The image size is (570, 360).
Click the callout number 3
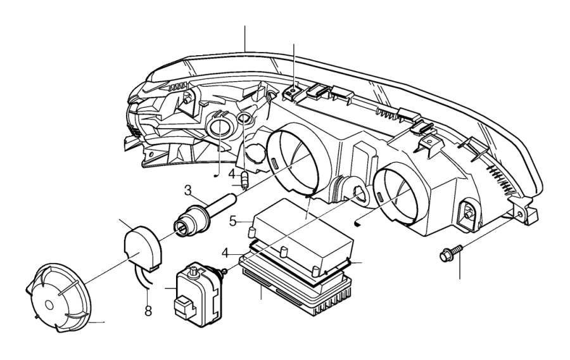(x=188, y=190)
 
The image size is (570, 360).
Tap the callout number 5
(x=233, y=221)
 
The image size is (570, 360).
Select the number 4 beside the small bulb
(x=232, y=174)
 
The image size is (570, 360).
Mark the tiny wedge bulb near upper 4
(x=245, y=182)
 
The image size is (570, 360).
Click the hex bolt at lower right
(x=448, y=255)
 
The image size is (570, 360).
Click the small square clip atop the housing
(x=293, y=93)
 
